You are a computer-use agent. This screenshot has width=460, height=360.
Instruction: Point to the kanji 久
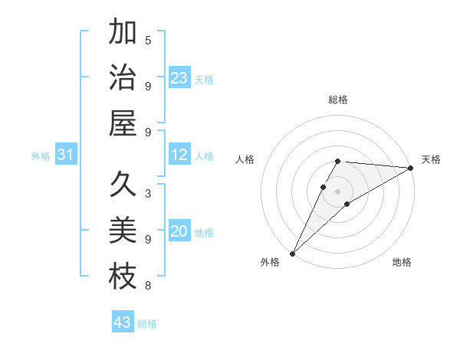pyautogui.click(x=123, y=185)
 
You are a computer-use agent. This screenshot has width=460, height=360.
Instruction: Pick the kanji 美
pyautogui.click(x=123, y=231)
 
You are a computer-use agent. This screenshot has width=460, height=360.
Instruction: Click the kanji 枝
pyautogui.click(x=123, y=276)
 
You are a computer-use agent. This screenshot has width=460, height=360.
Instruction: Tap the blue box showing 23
pyautogui.click(x=179, y=78)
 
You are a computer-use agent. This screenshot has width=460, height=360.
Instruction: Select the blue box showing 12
pyautogui.click(x=179, y=155)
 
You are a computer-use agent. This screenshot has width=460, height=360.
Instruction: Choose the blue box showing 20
pyautogui.click(x=179, y=231)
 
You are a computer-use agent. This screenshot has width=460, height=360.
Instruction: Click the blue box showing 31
pyautogui.click(x=65, y=155)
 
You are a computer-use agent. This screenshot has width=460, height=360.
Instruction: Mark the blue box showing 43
pyautogui.click(x=123, y=322)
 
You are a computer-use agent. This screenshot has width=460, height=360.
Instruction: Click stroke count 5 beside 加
pyautogui.click(x=148, y=41)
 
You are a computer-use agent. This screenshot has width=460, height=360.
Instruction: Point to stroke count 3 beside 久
pyautogui.click(x=148, y=194)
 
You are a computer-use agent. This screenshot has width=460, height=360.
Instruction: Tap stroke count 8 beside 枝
pyautogui.click(x=148, y=286)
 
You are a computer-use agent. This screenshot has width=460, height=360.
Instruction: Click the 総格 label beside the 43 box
pyautogui.click(x=147, y=324)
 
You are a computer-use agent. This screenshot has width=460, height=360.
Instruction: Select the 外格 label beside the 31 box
pyautogui.click(x=41, y=156)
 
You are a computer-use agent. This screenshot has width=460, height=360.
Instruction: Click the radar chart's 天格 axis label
pyautogui.click(x=431, y=159)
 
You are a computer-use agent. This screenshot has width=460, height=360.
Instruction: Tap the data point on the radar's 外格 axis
pyautogui.click(x=292, y=253)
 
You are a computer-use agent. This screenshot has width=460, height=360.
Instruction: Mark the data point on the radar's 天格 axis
pyautogui.click(x=411, y=169)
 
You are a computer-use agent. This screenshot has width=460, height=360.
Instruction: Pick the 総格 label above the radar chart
pyautogui.click(x=338, y=100)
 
